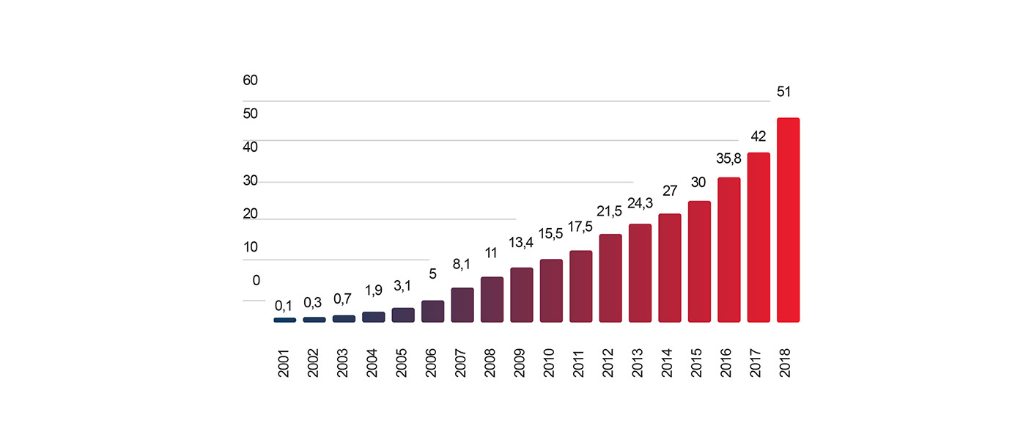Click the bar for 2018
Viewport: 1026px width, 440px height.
[788, 220]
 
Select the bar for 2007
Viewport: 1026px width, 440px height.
[462, 305]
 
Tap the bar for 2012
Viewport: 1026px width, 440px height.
[610, 279]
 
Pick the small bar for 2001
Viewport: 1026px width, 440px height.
[285, 320]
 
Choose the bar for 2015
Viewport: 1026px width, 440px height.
[699, 262]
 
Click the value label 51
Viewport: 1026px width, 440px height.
[785, 92]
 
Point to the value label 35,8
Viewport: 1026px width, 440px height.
[727, 158]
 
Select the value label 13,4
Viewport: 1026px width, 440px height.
[520, 242]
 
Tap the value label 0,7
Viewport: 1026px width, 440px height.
[343, 299]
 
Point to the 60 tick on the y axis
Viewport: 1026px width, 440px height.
[251, 80]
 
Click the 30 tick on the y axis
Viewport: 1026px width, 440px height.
[251, 180]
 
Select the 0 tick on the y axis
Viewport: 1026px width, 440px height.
[256, 280]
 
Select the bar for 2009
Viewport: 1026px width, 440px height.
[522, 295]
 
